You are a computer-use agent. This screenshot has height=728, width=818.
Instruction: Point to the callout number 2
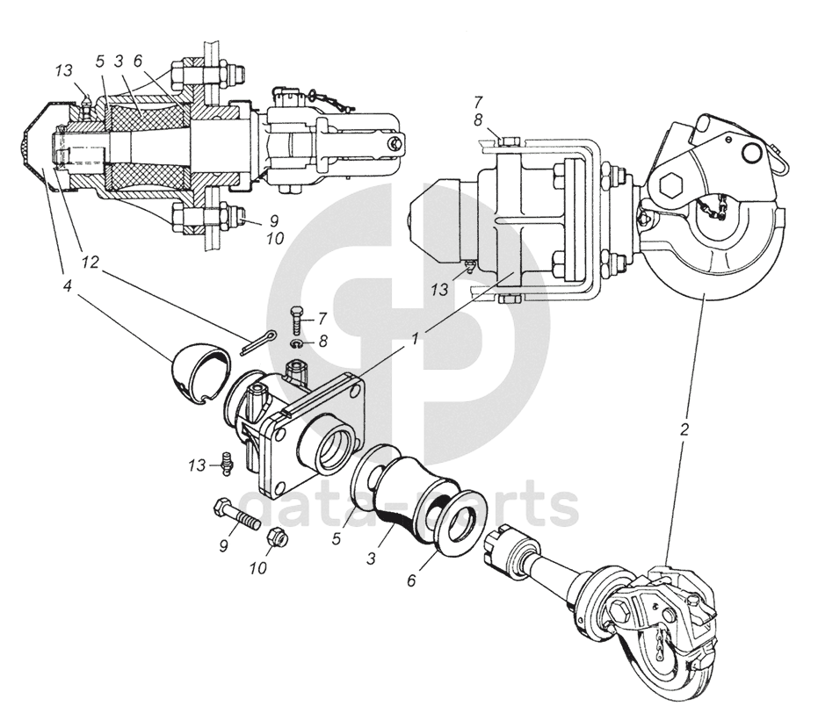click(x=684, y=431)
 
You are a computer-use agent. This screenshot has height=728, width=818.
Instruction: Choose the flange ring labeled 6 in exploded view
click(x=457, y=522)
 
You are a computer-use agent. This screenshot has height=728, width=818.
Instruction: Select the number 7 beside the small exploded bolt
click(x=322, y=317)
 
